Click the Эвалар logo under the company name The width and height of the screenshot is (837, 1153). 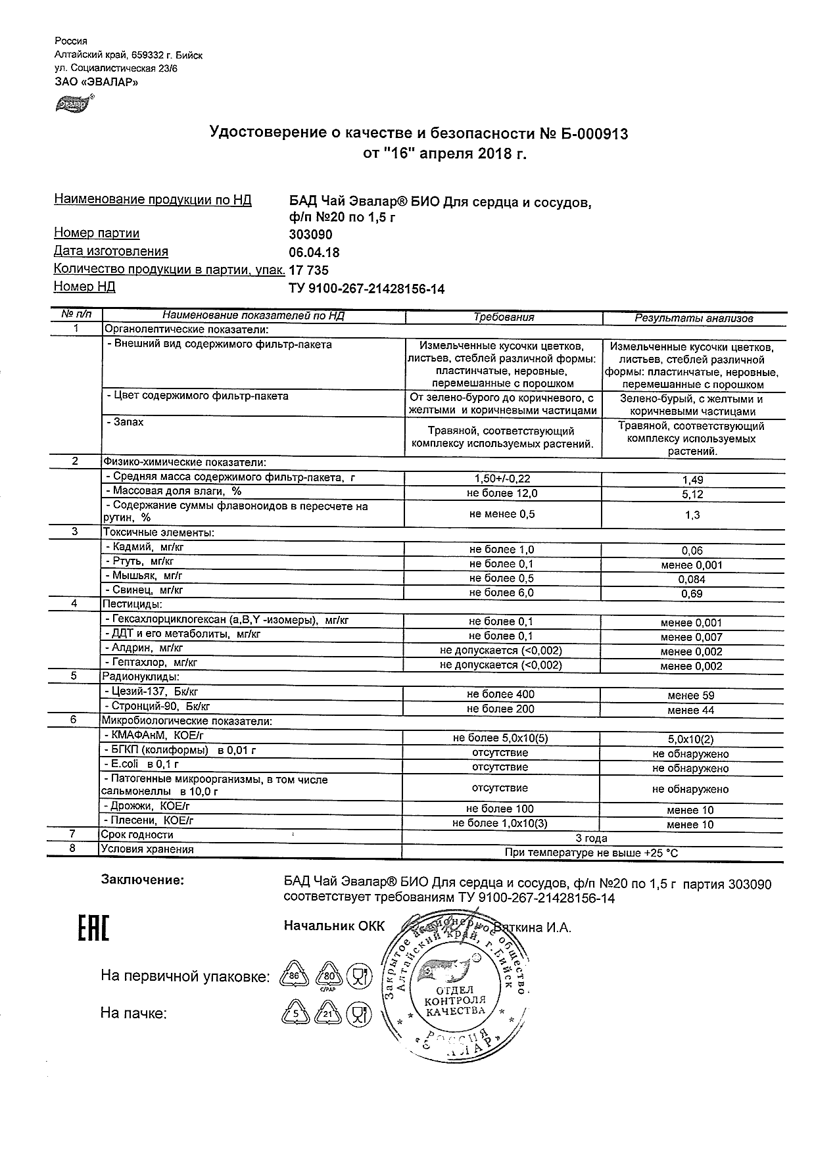pyautogui.click(x=74, y=103)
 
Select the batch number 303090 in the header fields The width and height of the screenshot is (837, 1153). pyautogui.click(x=311, y=235)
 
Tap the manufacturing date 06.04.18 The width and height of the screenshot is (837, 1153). pyautogui.click(x=314, y=252)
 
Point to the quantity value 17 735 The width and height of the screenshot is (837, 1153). pyautogui.click(x=309, y=270)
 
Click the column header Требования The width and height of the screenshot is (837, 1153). pyautogui.click(x=504, y=318)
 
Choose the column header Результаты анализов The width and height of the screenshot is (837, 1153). pyautogui.click(x=694, y=318)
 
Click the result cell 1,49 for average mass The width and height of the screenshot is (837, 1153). pyautogui.click(x=693, y=480)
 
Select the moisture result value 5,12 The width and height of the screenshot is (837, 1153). pyautogui.click(x=693, y=494)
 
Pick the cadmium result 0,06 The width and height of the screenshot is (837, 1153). pyautogui.click(x=692, y=551)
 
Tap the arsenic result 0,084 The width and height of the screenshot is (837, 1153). pyautogui.click(x=692, y=579)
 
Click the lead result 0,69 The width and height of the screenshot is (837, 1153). pyautogui.click(x=692, y=594)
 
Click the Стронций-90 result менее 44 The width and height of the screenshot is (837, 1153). pyautogui.click(x=690, y=710)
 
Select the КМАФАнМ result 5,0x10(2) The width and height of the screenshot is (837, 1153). pyautogui.click(x=691, y=739)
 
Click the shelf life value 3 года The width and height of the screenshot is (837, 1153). pyautogui.click(x=592, y=838)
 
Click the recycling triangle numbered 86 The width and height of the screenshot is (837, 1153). pyautogui.click(x=294, y=976)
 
